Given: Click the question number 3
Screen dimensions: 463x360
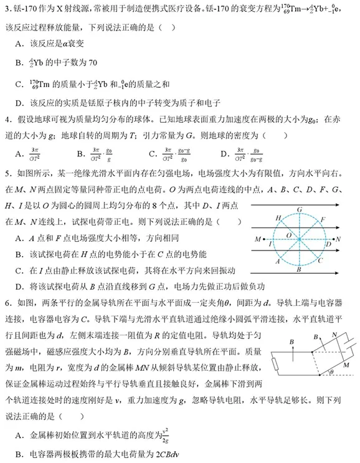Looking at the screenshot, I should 7,9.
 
